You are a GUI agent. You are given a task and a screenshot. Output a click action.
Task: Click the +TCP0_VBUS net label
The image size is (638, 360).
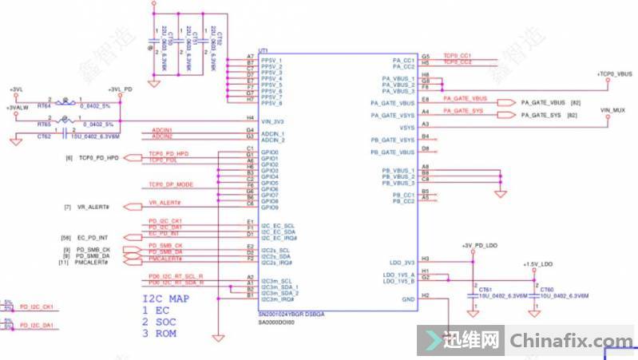tap(614, 73)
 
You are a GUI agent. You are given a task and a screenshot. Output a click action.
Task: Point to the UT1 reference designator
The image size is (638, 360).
tap(264, 49)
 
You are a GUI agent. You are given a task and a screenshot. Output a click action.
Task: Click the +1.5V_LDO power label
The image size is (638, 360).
tap(537, 264)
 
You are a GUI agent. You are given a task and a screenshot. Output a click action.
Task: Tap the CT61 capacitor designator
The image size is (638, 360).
tap(485, 290)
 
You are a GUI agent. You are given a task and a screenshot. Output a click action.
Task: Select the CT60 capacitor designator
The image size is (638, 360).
tap(546, 290)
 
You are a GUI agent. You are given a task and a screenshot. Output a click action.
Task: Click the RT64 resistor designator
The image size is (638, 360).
tap(44, 105)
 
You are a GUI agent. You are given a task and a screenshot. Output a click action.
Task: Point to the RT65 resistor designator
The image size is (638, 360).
tap(44, 125)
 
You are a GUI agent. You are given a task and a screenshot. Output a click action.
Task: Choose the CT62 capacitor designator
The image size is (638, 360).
tap(44, 136)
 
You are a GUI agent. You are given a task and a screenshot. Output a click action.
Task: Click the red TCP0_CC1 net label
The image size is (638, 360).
tap(457, 56)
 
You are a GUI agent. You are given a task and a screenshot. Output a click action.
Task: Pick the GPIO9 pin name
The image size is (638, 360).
tap(269, 207)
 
